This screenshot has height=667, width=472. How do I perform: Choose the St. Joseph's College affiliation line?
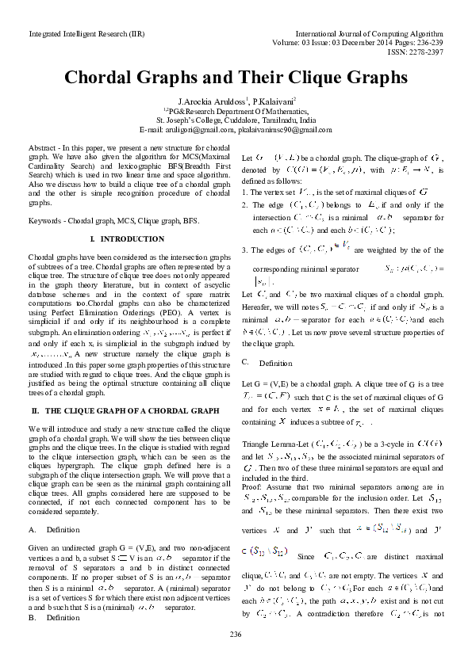tap(236, 120)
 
